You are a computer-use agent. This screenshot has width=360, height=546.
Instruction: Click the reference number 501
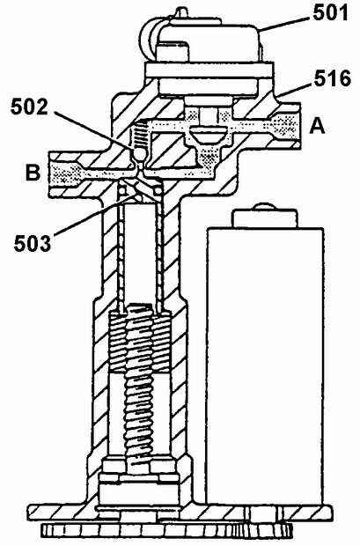(x=330, y=13)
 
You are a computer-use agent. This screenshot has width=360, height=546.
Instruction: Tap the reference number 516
(x=333, y=78)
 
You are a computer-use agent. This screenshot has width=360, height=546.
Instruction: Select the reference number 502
(x=29, y=107)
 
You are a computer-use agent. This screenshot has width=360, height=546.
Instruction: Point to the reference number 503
(x=33, y=243)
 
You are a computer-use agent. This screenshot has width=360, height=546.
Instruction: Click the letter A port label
(x=317, y=126)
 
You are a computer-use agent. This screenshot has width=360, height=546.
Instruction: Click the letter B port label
(x=33, y=172)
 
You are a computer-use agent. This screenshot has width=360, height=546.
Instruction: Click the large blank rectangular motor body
(x=265, y=365)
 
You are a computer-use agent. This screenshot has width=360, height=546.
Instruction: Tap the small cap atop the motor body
(x=265, y=216)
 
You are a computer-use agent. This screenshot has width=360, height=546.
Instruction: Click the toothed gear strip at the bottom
(x=165, y=530)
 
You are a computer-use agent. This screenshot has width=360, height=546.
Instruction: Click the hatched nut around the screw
(x=140, y=343)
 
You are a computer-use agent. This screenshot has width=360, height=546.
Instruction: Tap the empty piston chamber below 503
(x=139, y=255)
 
